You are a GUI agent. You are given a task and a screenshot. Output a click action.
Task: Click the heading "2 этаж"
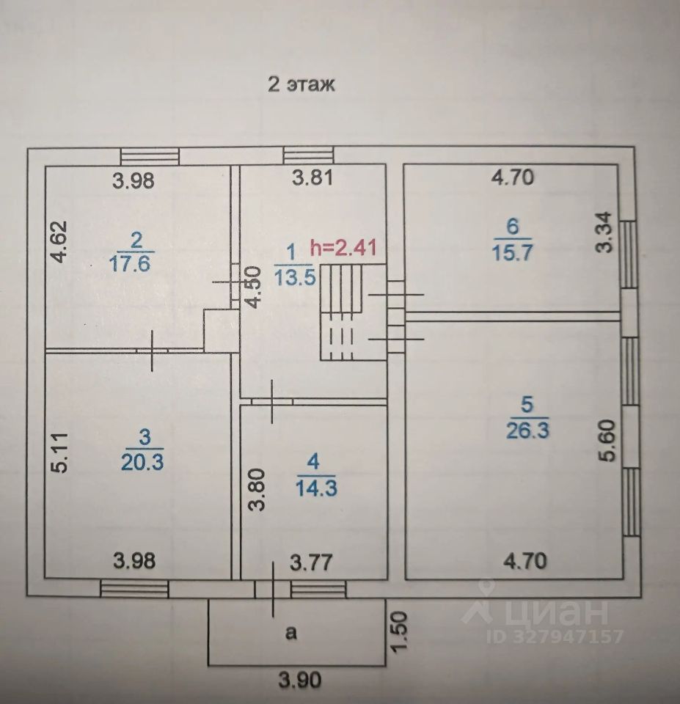pos(301,84)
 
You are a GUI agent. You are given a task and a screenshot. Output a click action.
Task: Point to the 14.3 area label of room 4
pos(317,488)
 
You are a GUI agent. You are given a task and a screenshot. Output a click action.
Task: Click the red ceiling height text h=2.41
pos(344,247)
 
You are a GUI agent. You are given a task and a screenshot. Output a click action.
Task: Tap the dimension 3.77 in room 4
pos(311,562)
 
